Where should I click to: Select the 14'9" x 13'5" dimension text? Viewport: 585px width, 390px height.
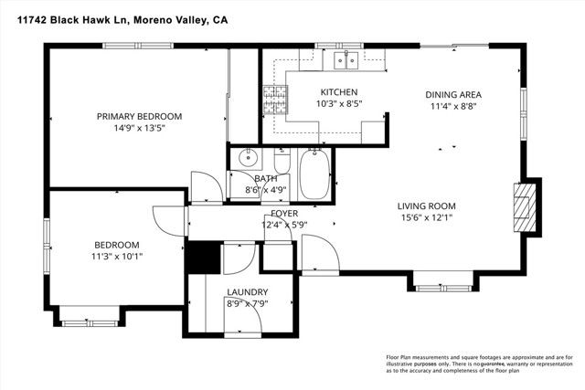point(140,128)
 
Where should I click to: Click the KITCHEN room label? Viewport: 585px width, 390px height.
point(338,92)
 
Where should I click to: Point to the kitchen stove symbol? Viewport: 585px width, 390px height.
point(274,97)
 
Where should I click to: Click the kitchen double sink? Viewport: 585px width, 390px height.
point(346,61)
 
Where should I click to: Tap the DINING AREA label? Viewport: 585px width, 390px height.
point(452,94)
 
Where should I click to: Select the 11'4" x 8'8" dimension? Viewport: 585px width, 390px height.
point(452,106)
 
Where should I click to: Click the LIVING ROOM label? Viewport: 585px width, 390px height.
point(426,206)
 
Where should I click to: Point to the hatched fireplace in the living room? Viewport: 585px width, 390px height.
point(522,208)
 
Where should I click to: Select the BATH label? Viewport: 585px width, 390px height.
point(265,179)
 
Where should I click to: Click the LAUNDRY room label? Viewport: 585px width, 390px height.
point(247,292)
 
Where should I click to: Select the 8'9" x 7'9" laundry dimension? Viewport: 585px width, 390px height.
point(247,304)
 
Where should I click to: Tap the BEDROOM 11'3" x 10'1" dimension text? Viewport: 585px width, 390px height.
point(117,257)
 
